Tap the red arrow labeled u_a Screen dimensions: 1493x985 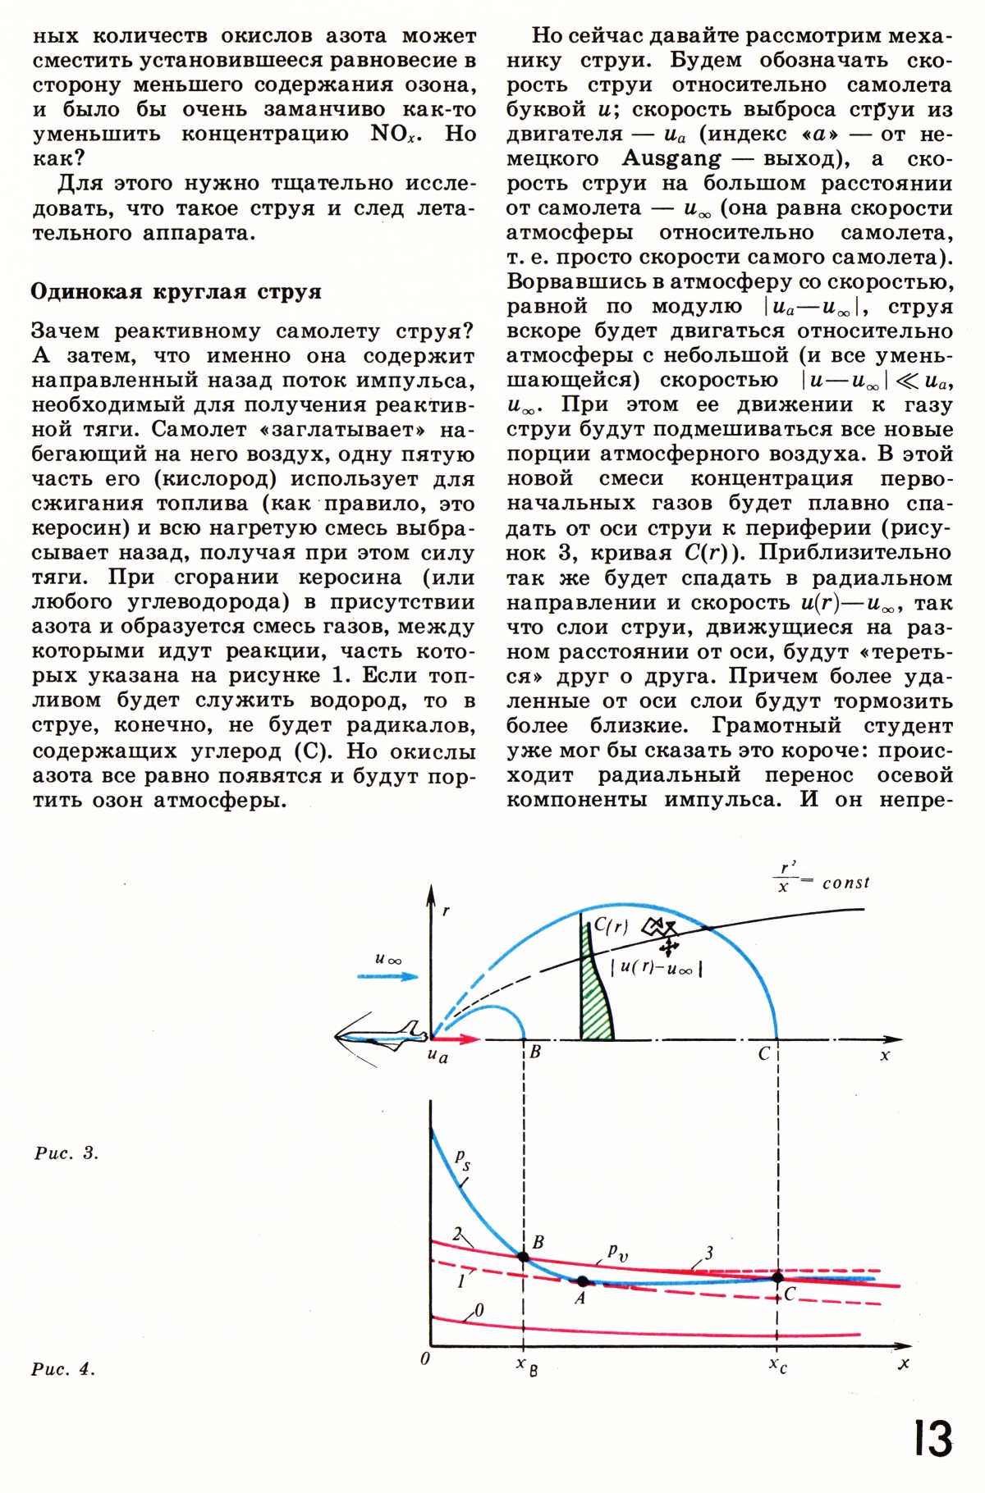pos(456,1039)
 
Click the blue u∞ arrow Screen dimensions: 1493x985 pos(387,976)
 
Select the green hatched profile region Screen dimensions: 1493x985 pos(595,993)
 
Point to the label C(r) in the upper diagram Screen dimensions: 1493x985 pos(612,926)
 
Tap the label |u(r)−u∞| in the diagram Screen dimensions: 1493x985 pos(656,968)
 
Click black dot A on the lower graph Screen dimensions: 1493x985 pos(583,1281)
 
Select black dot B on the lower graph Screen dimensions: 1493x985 pos(523,1257)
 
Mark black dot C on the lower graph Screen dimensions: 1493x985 pos(777,1277)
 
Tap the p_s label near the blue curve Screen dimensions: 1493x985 pos(463,1160)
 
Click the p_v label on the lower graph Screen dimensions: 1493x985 pos(617,1252)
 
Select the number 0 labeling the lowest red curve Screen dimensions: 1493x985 pos(479,1311)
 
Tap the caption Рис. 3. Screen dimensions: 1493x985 pos(66,1153)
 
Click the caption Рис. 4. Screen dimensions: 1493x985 pos(64,1369)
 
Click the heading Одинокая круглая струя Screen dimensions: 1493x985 pos(176,292)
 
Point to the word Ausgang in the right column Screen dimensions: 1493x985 pos(671,158)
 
